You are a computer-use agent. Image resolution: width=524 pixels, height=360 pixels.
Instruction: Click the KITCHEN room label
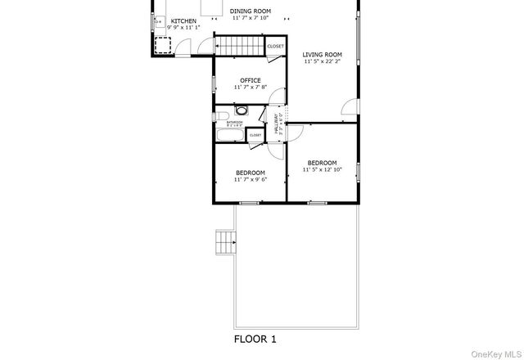click(x=183, y=20)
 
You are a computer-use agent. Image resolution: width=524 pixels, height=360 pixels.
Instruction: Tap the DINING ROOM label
click(x=251, y=11)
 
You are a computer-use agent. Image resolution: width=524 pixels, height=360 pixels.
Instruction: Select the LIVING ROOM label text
click(x=322, y=54)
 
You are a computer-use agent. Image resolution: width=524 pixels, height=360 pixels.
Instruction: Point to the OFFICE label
click(x=251, y=80)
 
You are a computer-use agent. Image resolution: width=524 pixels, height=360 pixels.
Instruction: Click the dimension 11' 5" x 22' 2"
click(x=322, y=61)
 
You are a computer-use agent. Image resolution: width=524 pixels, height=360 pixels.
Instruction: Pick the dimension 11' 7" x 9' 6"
click(x=251, y=179)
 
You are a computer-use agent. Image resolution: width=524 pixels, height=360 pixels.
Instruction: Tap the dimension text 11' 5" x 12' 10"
click(x=322, y=170)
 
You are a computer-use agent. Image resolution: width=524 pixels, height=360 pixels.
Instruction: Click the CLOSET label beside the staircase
click(x=276, y=47)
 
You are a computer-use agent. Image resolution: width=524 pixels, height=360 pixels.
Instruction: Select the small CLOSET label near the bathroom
click(x=255, y=135)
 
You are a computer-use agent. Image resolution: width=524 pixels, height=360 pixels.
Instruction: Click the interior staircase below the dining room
click(x=239, y=47)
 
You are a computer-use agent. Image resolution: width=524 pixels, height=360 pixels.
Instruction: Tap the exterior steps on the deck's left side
click(x=224, y=243)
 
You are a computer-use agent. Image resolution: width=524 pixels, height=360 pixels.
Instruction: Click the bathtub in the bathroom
click(x=228, y=134)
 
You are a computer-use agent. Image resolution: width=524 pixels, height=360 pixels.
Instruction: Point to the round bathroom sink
click(x=241, y=110)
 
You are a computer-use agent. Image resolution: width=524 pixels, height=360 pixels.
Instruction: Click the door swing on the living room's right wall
click(x=350, y=106)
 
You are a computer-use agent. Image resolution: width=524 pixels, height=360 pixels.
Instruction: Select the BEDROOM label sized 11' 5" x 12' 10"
click(x=322, y=163)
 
